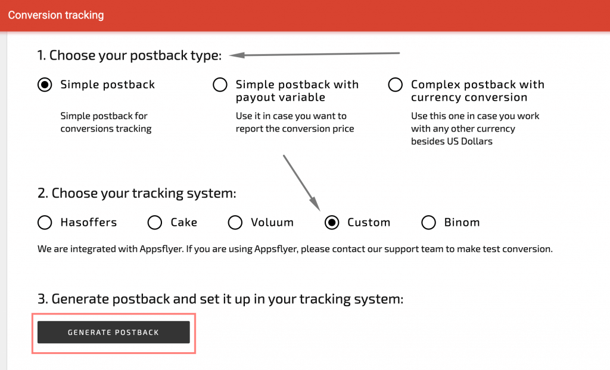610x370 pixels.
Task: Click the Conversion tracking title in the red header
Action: [56, 15]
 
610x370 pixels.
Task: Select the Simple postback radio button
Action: [45, 85]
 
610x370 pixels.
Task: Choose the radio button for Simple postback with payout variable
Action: [220, 85]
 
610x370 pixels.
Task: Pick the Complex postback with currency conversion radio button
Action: [395, 85]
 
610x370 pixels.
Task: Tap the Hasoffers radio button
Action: [45, 222]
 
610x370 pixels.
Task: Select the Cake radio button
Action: [155, 222]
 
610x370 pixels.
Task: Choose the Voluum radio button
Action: [235, 222]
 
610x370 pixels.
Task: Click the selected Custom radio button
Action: [332, 222]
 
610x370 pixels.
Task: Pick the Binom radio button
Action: [428, 222]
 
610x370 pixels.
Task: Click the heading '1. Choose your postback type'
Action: [129, 55]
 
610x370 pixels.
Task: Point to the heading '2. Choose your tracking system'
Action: [136, 194]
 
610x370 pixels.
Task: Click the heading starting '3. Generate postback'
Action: [220, 299]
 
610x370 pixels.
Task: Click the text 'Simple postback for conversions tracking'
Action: [105, 122]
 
